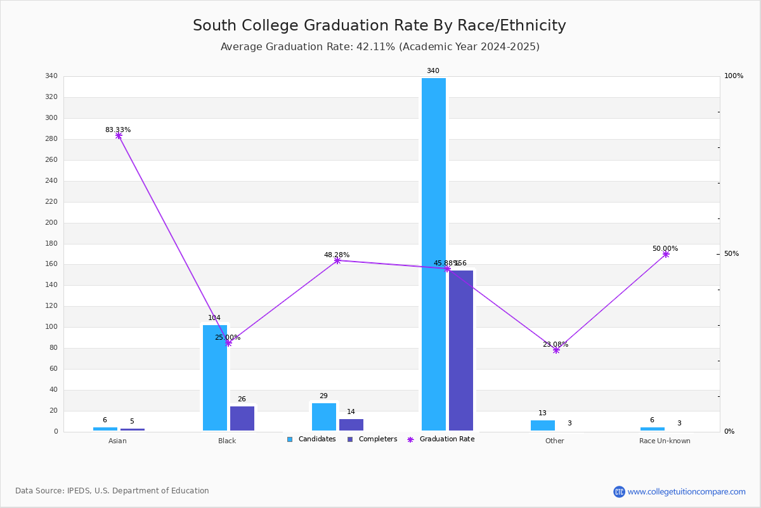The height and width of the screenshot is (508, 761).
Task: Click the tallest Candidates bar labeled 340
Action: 433,254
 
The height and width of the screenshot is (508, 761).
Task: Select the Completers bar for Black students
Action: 242,418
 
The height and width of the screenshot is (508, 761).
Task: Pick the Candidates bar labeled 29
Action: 323,417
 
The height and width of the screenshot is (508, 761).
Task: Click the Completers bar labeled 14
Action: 351,425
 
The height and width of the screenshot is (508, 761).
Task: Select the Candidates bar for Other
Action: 542,425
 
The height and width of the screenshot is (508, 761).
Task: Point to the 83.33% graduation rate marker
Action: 119,136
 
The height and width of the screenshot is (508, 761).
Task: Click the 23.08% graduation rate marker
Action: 556,350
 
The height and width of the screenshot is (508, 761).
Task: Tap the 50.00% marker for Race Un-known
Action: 666,254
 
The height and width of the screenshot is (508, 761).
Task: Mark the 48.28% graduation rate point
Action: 337,260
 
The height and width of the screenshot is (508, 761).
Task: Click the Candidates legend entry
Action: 311,439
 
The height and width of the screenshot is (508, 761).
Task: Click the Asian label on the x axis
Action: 117,441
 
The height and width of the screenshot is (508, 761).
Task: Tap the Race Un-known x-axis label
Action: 665,441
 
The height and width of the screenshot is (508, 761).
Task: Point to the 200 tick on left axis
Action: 51,223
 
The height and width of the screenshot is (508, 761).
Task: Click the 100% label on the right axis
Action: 734,76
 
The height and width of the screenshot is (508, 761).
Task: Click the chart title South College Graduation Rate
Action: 379,26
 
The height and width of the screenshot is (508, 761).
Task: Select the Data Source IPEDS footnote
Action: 112,491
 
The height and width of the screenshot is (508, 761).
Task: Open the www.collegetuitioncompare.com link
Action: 686,491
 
